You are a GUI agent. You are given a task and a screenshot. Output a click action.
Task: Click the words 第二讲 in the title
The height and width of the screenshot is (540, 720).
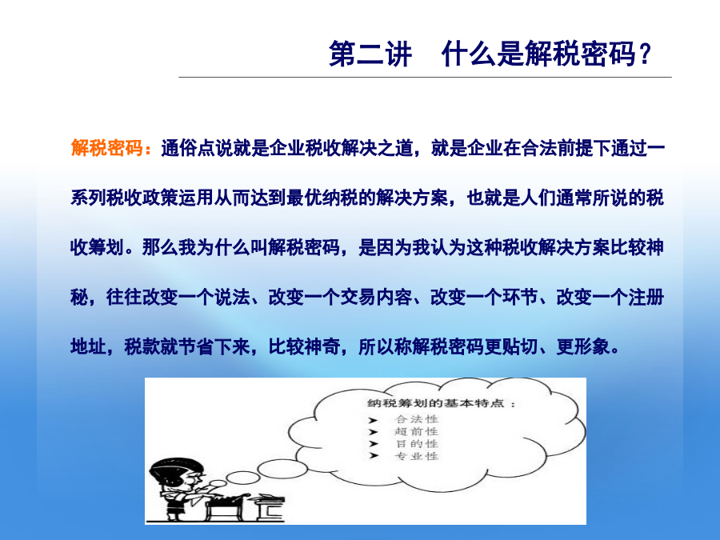(x=370, y=54)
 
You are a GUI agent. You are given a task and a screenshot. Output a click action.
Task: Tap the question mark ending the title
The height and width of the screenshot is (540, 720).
(x=645, y=54)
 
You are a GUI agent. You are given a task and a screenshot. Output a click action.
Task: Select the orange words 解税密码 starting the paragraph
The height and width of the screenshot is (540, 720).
(x=107, y=148)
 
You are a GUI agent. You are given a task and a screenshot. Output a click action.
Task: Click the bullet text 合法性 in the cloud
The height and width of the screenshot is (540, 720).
(x=417, y=418)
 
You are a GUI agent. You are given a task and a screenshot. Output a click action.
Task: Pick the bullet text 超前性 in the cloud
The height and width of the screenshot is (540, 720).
(x=417, y=431)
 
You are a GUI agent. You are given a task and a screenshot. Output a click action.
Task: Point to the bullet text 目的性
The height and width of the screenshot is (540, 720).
(x=417, y=443)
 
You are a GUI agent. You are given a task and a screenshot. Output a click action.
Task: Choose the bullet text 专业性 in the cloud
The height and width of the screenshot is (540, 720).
(x=417, y=456)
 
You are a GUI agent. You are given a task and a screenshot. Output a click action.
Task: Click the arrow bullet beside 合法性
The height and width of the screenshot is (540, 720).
(x=374, y=420)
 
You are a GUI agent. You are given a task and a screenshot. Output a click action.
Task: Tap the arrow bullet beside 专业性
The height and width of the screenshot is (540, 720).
(x=374, y=455)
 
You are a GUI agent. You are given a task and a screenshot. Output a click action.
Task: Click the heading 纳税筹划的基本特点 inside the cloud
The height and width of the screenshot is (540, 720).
(x=436, y=403)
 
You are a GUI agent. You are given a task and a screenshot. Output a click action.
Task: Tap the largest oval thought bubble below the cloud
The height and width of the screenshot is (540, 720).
(x=282, y=469)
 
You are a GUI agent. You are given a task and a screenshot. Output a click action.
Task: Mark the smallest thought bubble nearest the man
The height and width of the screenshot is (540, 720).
(x=218, y=483)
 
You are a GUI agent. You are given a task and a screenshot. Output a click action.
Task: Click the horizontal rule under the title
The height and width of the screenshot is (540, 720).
(x=426, y=77)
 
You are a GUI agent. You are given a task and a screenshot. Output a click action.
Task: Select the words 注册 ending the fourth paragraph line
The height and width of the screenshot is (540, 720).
(x=646, y=297)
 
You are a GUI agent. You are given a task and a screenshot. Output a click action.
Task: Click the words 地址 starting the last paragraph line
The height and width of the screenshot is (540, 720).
(x=89, y=346)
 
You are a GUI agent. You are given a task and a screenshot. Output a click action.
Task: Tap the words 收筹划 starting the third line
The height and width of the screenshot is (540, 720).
(x=98, y=247)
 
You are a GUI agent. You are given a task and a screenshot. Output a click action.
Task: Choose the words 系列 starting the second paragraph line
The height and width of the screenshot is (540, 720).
(x=89, y=198)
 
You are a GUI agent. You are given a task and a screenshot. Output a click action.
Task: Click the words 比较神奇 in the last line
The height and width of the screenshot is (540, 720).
(x=305, y=346)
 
